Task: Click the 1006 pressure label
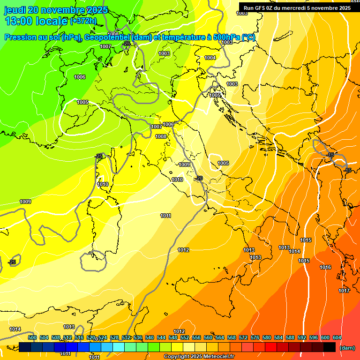pos(80,77)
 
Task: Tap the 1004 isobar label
pos(210,58)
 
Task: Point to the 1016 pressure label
pos(325,267)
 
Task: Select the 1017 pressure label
pos(344,291)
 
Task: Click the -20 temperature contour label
pos(199,178)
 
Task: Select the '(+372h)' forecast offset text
pos(83,21)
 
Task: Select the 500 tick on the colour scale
pos(32,337)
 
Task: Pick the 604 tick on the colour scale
pos(337,337)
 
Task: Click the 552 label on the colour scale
pos(185,337)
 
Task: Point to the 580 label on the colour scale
pos(267,337)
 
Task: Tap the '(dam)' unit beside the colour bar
pos(347,348)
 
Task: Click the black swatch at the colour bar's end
pos(330,347)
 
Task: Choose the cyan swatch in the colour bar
pos(119,347)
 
